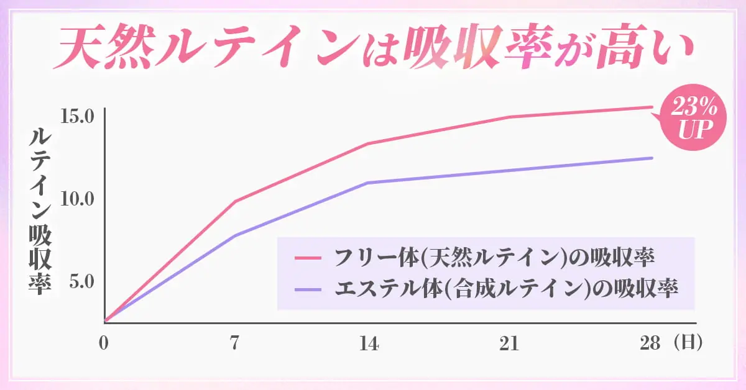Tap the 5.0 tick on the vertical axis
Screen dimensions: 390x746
pos(81,281)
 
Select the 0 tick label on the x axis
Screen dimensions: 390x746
pos(104,343)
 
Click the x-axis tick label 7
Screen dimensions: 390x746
pos(234,343)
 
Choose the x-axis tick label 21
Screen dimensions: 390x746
pos(509,343)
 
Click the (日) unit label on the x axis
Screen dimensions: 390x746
pos(687,343)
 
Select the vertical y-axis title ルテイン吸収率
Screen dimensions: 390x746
pos(40,211)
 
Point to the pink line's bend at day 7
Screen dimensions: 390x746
pos(235,201)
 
